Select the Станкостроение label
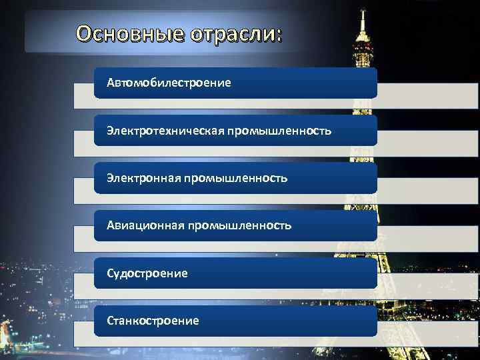(153, 321)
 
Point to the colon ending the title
(278, 34)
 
